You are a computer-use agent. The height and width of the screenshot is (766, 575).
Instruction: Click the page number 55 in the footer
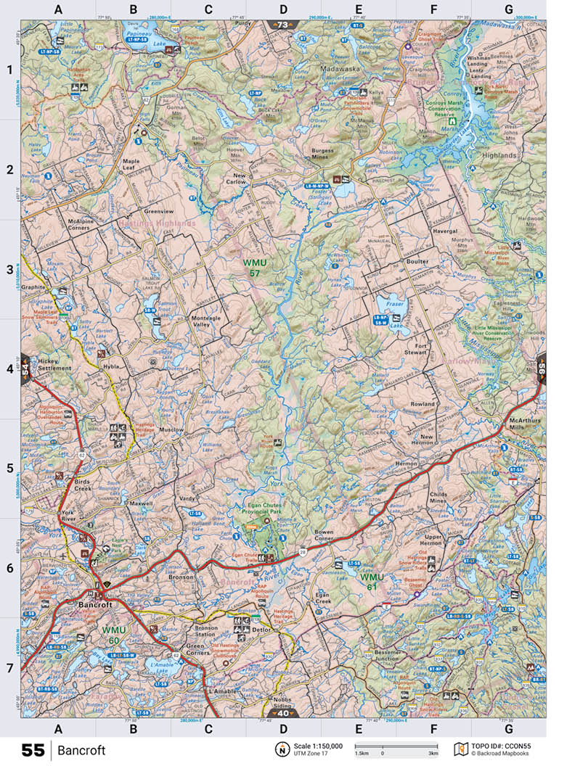click(33, 750)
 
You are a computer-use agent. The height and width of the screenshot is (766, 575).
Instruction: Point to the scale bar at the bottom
click(396, 747)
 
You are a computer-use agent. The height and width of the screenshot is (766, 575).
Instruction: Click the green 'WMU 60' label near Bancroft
click(115, 635)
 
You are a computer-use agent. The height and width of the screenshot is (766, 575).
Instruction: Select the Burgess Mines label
click(323, 155)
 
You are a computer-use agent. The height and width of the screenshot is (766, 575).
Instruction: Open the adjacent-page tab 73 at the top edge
click(282, 25)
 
